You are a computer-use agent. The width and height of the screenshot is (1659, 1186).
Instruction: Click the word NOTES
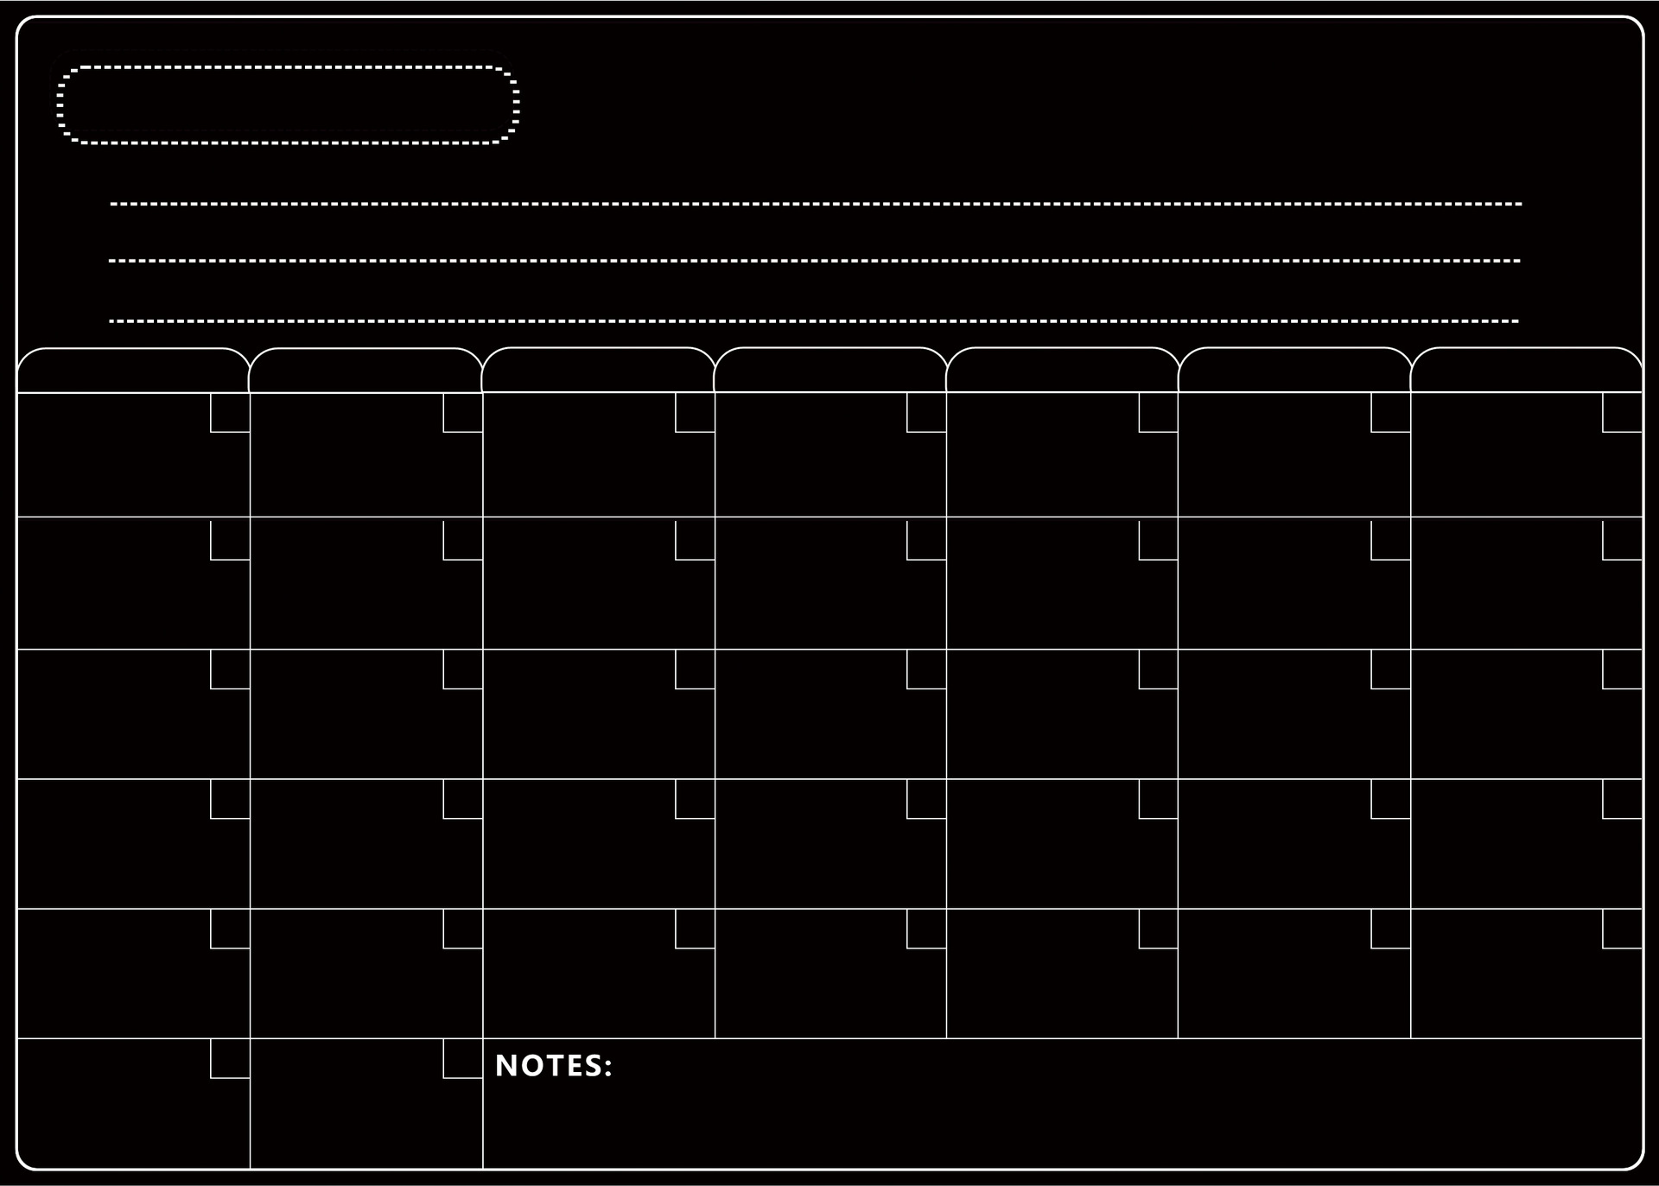(x=548, y=1066)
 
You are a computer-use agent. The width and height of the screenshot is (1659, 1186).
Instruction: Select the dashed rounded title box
(x=288, y=105)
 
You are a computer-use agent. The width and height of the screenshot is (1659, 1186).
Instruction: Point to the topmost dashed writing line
(x=816, y=205)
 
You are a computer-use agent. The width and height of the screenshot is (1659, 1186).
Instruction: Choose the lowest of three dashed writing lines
(x=814, y=321)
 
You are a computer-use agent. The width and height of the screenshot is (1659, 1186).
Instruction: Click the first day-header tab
(x=133, y=371)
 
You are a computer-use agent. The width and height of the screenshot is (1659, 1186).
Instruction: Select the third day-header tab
(x=598, y=371)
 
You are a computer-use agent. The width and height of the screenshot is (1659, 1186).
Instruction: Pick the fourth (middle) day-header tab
(x=830, y=371)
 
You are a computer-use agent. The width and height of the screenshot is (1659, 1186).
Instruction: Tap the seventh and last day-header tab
(x=1527, y=371)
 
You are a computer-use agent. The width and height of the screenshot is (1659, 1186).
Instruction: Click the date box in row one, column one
(x=230, y=413)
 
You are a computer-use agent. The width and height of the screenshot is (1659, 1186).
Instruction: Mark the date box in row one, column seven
(x=1622, y=413)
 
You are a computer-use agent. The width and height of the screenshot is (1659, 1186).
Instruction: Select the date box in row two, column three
(x=695, y=539)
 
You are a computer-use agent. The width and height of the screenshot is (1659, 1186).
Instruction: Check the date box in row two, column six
(x=1390, y=539)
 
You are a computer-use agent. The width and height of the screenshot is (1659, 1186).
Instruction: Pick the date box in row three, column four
(x=926, y=669)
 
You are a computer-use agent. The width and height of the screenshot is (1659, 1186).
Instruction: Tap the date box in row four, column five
(x=1158, y=799)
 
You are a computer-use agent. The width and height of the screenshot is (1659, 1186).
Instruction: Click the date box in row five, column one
(x=230, y=929)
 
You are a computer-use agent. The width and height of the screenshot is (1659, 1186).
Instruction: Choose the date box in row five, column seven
(x=1622, y=929)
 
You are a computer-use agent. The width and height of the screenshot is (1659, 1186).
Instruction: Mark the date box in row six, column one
(x=230, y=1058)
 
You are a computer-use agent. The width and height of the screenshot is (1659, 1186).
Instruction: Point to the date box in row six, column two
(x=462, y=1058)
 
